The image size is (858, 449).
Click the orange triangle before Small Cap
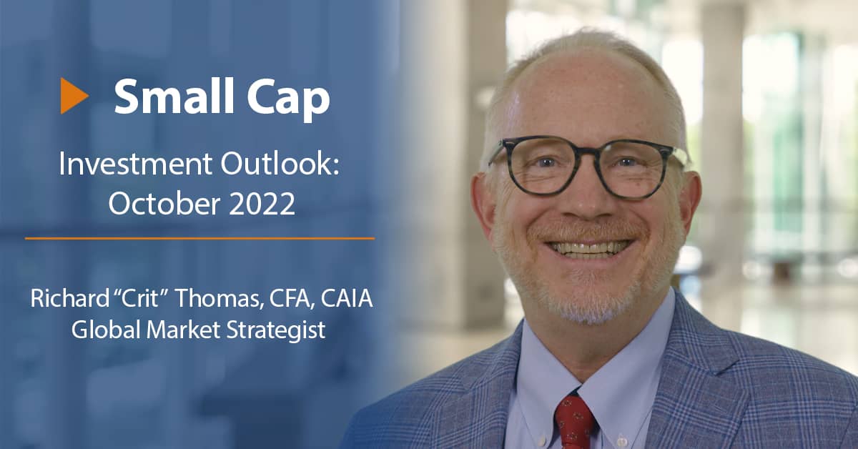73,96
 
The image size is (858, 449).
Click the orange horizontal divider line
199,238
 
